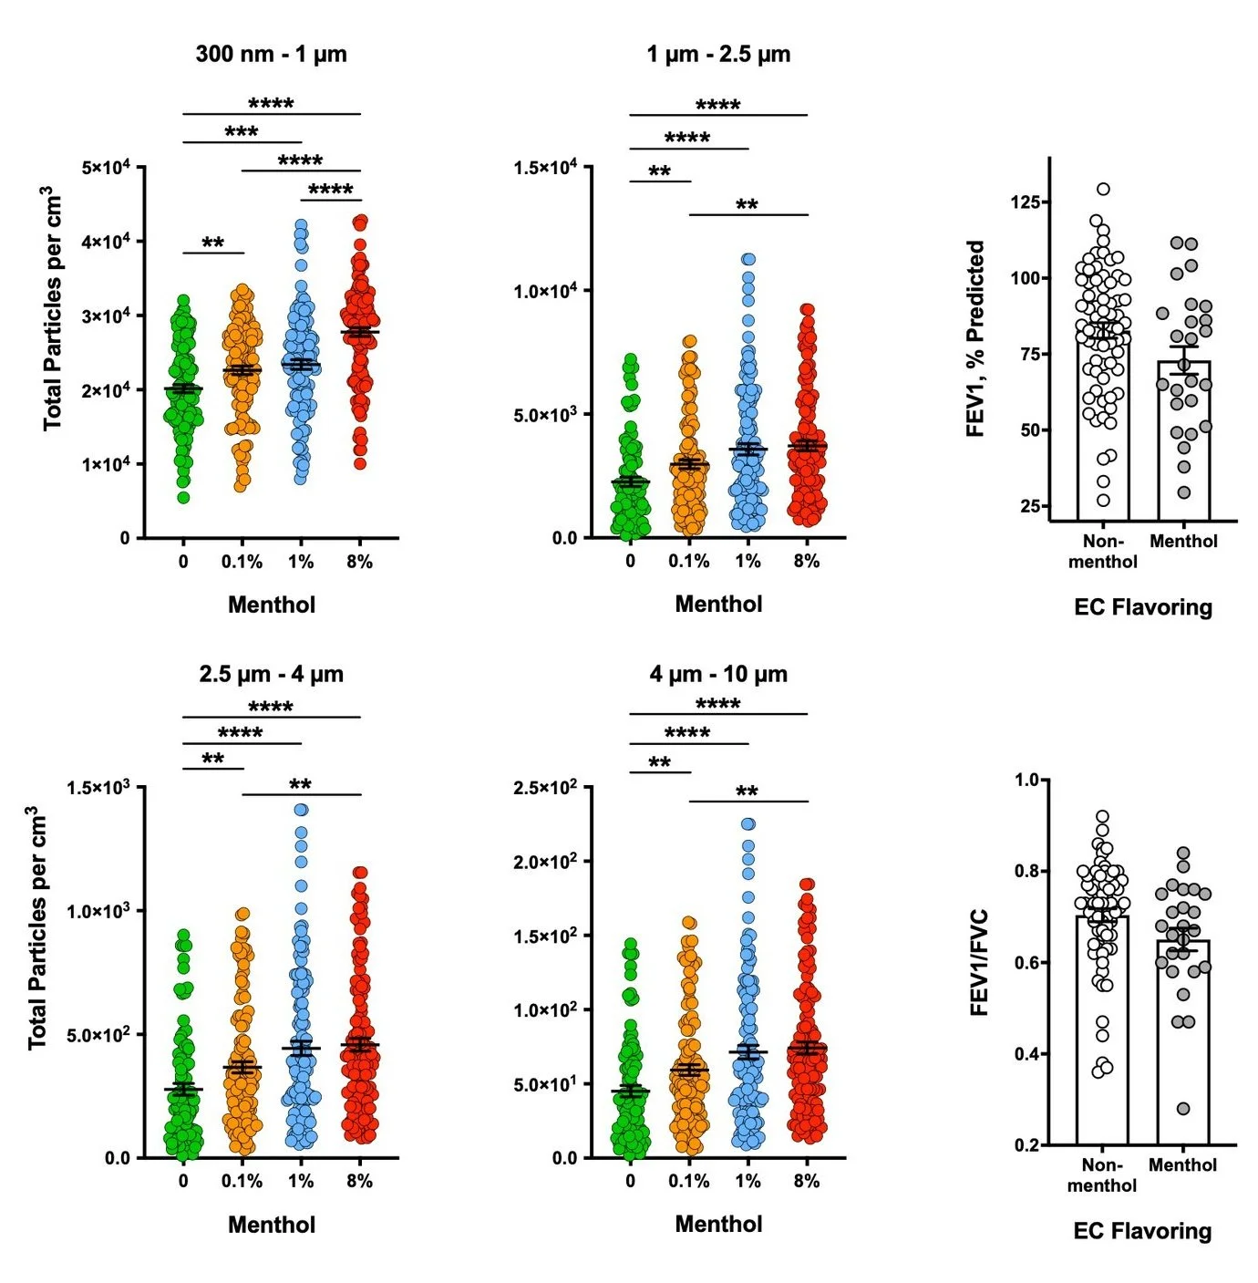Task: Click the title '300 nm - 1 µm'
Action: [x=271, y=54]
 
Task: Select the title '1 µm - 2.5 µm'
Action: [x=718, y=55]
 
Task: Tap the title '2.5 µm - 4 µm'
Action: [x=271, y=675]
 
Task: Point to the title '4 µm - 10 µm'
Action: [x=718, y=675]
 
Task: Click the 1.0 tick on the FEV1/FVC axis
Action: [x=1026, y=780]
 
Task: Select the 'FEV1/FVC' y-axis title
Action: [x=978, y=962]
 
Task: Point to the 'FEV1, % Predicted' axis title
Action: [x=975, y=338]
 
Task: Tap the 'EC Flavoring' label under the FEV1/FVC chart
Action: [x=1142, y=1231]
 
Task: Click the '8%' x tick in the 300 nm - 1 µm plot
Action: [x=359, y=562]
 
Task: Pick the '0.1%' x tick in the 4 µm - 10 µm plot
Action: [x=688, y=1182]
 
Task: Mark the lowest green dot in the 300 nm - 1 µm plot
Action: [x=183, y=498]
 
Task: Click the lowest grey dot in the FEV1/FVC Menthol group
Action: [x=1183, y=1109]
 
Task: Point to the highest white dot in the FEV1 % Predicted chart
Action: [x=1103, y=190]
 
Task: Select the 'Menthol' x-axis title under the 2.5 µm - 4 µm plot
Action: [x=271, y=1225]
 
